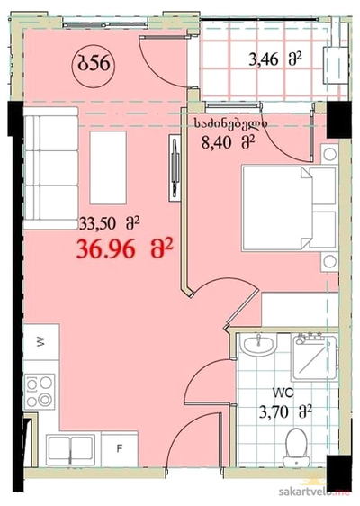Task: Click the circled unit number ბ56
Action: pyautogui.click(x=94, y=64)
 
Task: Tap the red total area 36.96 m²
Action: pyautogui.click(x=125, y=249)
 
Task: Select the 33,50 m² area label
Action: pyautogui.click(x=110, y=223)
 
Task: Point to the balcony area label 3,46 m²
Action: pyautogui.click(x=275, y=59)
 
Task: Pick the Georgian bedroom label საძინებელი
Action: pyautogui.click(x=229, y=123)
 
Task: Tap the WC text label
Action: pyautogui.click(x=283, y=393)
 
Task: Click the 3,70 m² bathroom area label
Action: pyautogui.click(x=285, y=412)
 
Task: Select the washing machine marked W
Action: pyautogui.click(x=41, y=342)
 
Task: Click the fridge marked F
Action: pyautogui.click(x=120, y=449)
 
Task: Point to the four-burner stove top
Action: pyautogui.click(x=40, y=392)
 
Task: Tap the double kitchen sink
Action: pyautogui.click(x=70, y=450)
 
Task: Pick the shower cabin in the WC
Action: pyautogui.click(x=314, y=357)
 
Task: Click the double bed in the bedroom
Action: pyautogui.click(x=289, y=208)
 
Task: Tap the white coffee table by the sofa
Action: pyautogui.click(x=108, y=167)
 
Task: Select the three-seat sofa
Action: pyautogui.click(x=50, y=168)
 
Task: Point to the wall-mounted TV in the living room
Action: pyautogui.click(x=175, y=167)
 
